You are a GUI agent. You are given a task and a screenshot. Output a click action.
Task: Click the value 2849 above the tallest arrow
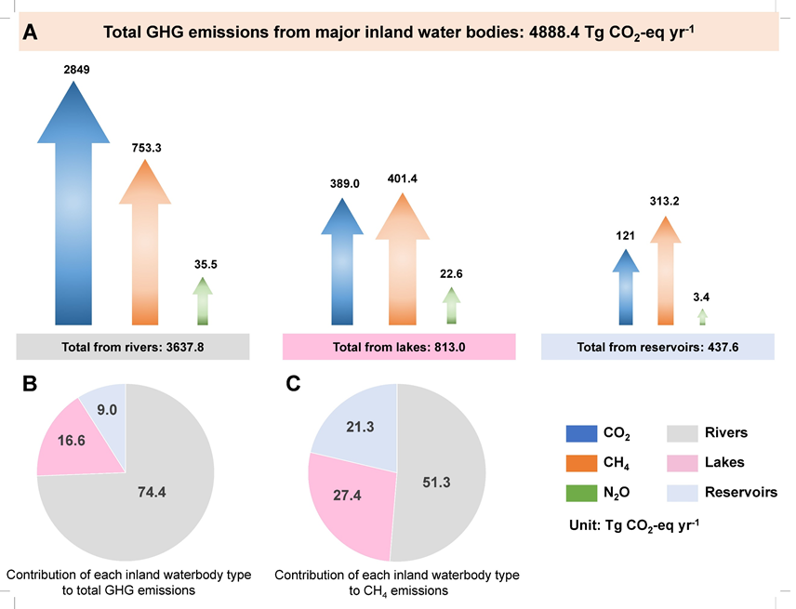(x=77, y=70)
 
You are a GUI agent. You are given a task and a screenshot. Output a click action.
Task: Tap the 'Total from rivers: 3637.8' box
(x=133, y=347)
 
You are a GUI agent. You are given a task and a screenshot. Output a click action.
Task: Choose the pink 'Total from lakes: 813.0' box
(x=397, y=347)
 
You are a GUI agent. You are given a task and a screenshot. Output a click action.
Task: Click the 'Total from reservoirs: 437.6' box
(x=657, y=347)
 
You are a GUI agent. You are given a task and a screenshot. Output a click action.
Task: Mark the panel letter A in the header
(x=30, y=33)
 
